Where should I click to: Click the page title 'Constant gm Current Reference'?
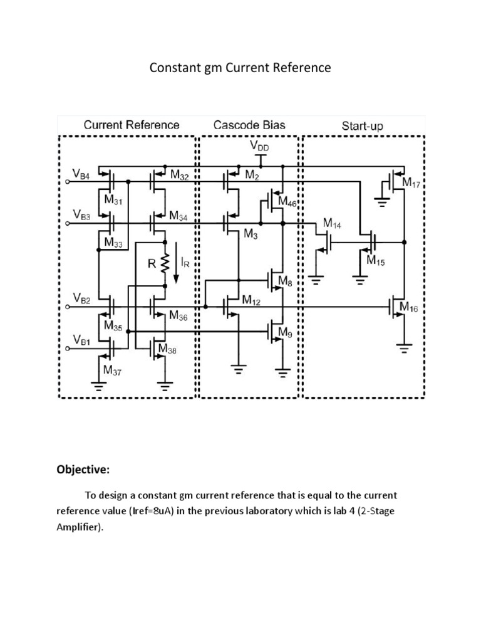point(240,68)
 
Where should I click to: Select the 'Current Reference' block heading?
point(132,125)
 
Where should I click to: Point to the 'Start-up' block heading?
point(362,125)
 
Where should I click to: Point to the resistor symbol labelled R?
point(164,264)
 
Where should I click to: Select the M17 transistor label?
point(411,183)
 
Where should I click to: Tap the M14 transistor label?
point(333,223)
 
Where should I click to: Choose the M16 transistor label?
point(411,308)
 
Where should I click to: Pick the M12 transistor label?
point(251,301)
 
